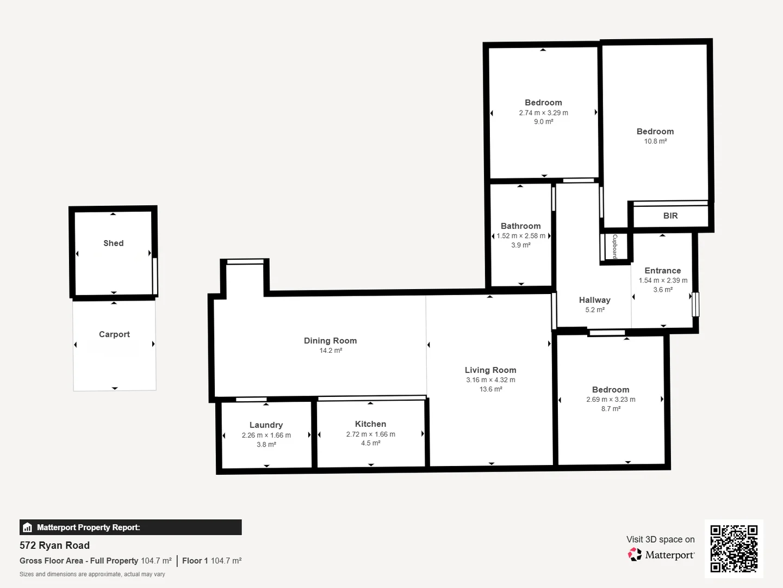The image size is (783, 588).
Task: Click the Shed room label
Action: (114, 243)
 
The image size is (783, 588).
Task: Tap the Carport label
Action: (114, 334)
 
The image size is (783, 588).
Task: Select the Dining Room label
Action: (330, 341)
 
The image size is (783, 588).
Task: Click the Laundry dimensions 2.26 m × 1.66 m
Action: (266, 435)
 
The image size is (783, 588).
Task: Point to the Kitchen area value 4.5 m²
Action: (370, 443)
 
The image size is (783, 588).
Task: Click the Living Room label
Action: (490, 370)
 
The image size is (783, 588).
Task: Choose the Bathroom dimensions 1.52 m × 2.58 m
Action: (520, 236)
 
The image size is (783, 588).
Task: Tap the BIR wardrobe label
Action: (670, 216)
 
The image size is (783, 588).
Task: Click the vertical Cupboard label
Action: (615, 247)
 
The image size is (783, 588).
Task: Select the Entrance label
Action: (662, 271)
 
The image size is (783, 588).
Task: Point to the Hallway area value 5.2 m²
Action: (594, 310)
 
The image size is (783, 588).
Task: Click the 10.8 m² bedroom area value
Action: (655, 141)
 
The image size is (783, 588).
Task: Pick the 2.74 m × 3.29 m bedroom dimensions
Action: (543, 113)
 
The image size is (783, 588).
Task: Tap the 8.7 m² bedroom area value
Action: (610, 409)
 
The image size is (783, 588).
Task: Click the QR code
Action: (734, 548)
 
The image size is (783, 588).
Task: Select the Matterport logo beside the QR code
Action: (661, 555)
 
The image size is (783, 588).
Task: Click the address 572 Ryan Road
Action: (54, 546)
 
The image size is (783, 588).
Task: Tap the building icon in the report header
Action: (28, 528)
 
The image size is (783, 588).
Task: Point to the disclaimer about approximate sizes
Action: (92, 574)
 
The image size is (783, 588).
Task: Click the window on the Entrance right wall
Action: (695, 304)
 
